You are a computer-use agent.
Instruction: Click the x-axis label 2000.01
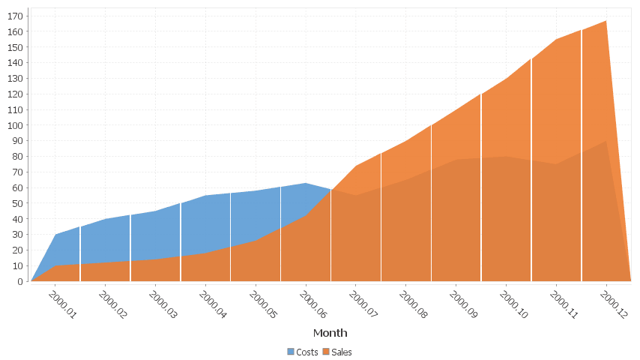63,305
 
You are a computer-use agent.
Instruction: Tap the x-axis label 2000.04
213,305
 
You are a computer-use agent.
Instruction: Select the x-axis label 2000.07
363,305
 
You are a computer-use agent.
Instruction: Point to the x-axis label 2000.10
513,305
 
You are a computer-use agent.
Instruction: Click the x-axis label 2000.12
614,305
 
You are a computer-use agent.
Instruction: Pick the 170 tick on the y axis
14,16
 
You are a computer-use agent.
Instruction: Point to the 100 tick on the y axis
14,125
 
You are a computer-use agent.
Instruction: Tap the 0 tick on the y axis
19,281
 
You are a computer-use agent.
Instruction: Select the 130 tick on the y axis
14,78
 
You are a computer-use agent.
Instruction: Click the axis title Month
330,333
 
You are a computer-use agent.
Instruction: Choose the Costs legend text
307,352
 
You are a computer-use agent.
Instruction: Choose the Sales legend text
342,352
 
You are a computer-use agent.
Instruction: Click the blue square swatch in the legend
291,352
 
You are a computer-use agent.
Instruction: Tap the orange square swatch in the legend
326,352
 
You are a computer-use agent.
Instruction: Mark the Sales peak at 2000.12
606,21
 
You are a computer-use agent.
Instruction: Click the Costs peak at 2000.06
305,183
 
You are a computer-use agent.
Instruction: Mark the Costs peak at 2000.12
606,141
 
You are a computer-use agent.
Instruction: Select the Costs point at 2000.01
55,235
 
